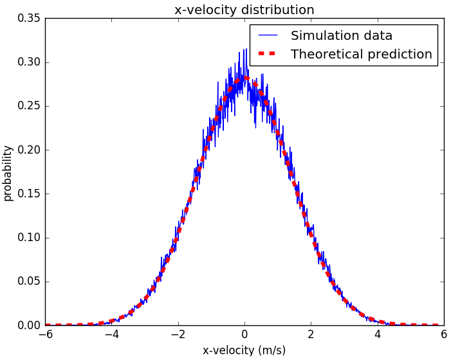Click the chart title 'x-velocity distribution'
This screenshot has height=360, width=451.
[244, 10]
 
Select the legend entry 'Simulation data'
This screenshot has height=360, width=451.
[341, 35]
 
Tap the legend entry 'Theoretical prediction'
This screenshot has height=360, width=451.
[361, 54]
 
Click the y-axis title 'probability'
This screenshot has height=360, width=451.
[8, 172]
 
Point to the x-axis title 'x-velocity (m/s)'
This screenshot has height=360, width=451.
[244, 350]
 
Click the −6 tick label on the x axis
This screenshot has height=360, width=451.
[44, 335]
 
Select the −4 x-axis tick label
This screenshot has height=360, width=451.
[111, 335]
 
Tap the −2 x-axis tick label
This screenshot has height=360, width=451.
[177, 335]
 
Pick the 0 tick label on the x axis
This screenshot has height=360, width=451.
[244, 335]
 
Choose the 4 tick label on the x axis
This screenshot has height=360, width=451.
[378, 335]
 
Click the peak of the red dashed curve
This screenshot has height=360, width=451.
[244, 78]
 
